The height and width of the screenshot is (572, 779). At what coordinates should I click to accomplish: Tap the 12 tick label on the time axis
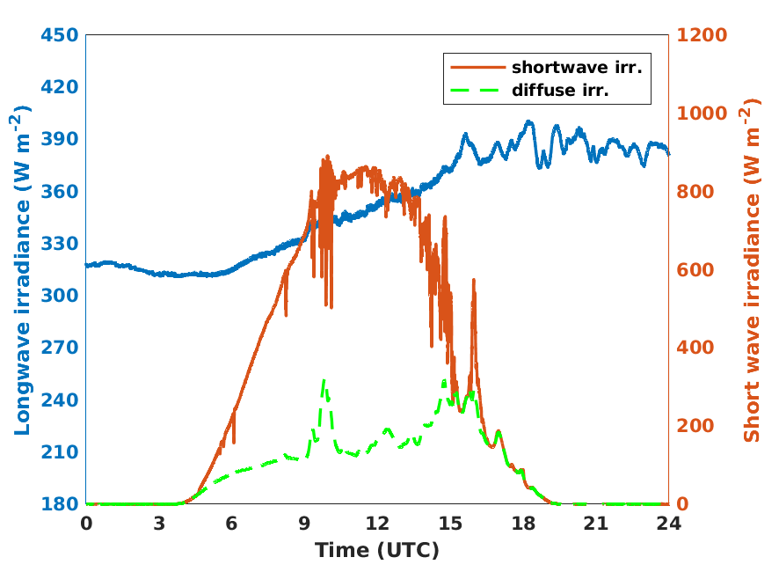377,524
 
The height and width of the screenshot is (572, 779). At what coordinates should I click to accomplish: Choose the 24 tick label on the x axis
669,524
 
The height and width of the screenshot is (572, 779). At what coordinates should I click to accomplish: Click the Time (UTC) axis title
377,551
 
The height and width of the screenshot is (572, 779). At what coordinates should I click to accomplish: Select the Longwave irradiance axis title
23,269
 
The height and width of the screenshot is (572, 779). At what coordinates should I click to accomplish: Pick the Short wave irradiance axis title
753,269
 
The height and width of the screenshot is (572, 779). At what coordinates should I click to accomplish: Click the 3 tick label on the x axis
159,524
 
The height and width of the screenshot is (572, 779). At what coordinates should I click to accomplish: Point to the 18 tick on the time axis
523,524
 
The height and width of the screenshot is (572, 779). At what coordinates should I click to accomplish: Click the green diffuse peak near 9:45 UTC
324,381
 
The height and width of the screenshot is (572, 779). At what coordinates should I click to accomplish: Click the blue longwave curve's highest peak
528,122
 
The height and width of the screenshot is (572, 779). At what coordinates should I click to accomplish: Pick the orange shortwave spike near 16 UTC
474,281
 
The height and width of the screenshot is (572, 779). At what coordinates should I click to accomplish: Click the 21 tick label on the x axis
596,524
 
